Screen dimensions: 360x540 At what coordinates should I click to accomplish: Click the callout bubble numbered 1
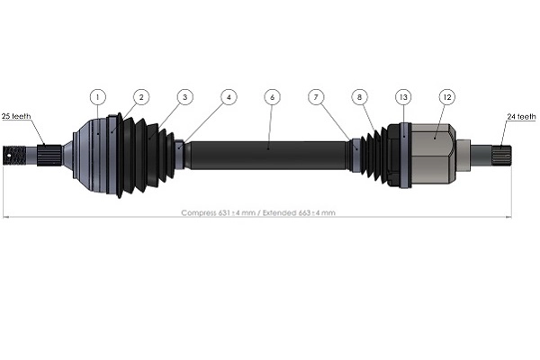(98, 95)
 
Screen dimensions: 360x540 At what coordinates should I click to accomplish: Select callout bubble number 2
(141, 95)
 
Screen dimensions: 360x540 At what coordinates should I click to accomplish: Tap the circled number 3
(184, 95)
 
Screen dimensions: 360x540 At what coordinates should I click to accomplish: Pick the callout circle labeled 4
(229, 95)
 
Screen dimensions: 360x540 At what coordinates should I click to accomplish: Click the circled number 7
(315, 95)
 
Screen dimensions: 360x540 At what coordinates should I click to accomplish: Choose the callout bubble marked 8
(359, 95)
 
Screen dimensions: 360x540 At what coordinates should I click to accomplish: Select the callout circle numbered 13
(402, 95)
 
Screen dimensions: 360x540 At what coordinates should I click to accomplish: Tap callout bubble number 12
(445, 95)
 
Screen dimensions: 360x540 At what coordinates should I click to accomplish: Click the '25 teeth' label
(17, 117)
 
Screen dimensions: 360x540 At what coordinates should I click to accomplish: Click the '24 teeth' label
(522, 117)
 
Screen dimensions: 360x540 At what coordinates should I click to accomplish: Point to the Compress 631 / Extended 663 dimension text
(258, 213)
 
